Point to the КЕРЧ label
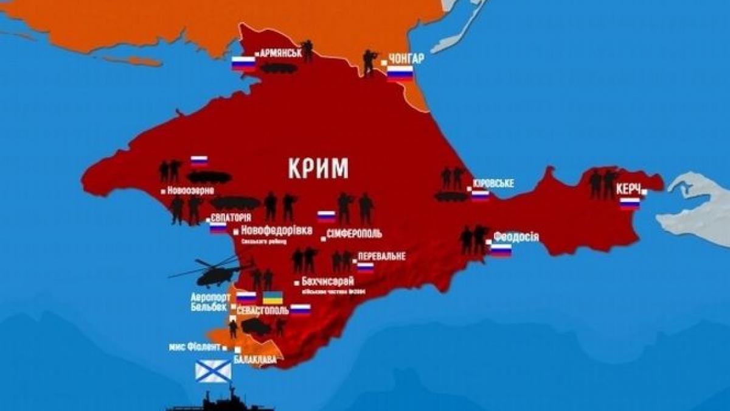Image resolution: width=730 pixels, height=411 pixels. pyautogui.click(x=628, y=189)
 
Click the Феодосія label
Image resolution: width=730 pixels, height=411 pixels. pyautogui.click(x=516, y=236)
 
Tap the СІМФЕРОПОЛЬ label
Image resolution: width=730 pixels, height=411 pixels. pyautogui.click(x=354, y=234)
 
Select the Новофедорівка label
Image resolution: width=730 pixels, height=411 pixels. pyautogui.click(x=276, y=231)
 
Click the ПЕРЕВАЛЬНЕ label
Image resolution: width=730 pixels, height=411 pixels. pyautogui.click(x=381, y=256)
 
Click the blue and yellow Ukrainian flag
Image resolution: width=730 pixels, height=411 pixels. pyautogui.click(x=272, y=298)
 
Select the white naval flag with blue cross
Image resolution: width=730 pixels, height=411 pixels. pyautogui.click(x=213, y=370)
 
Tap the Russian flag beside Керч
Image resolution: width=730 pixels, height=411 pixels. pyautogui.click(x=630, y=203)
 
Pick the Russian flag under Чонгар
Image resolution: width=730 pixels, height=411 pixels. pyautogui.click(x=400, y=74)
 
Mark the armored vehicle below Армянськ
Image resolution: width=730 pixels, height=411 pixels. pyautogui.click(x=279, y=68)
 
